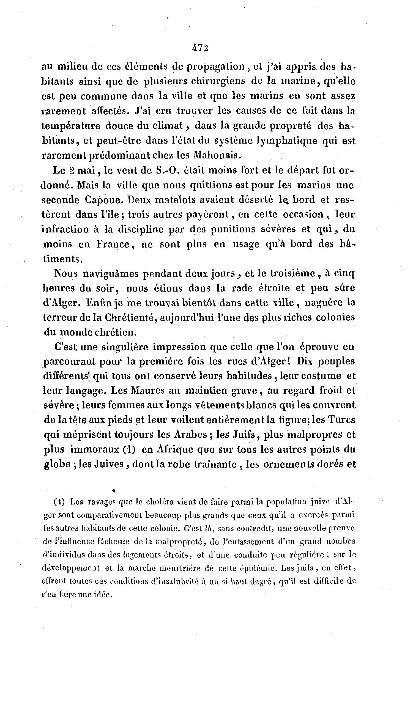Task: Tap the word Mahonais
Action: click(x=217, y=155)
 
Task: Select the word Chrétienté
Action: click(x=130, y=318)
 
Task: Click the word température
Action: click(x=71, y=125)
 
